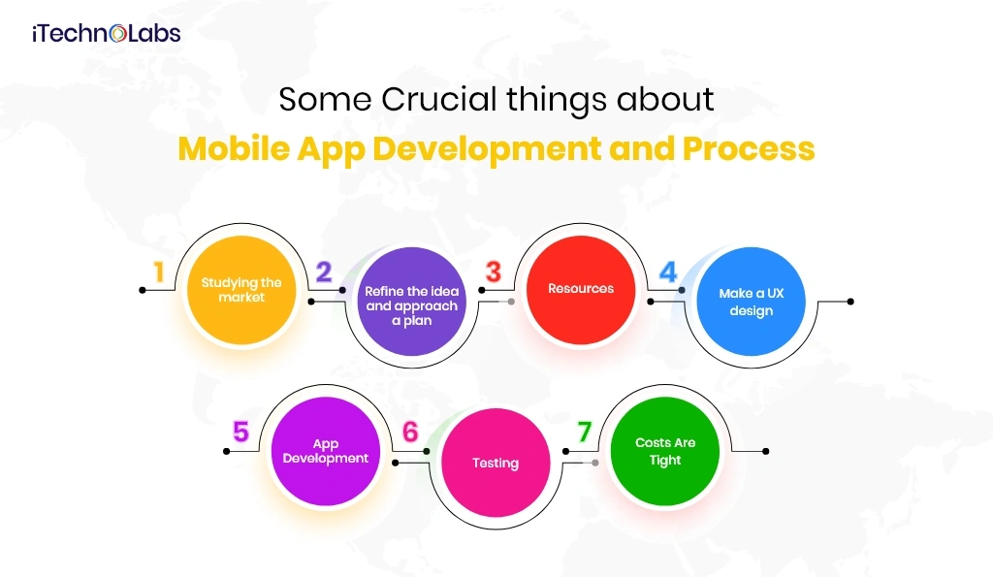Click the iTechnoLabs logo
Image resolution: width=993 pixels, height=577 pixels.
click(x=107, y=33)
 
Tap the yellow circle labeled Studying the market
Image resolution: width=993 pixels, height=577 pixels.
click(x=241, y=290)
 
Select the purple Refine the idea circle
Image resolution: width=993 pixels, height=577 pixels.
click(x=411, y=302)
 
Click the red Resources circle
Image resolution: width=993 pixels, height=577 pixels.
click(x=581, y=290)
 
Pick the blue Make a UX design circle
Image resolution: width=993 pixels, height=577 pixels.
click(x=752, y=302)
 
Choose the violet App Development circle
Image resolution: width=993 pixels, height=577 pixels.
click(x=326, y=451)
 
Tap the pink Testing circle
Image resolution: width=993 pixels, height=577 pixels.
click(x=496, y=463)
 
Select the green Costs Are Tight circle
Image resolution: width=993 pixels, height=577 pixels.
click(x=665, y=451)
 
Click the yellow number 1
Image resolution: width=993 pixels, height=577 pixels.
click(x=159, y=272)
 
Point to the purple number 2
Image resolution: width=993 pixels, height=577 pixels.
click(x=324, y=272)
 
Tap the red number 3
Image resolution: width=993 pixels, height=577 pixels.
click(x=494, y=272)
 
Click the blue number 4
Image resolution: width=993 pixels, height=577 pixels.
click(x=668, y=272)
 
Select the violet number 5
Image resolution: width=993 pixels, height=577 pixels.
click(x=240, y=432)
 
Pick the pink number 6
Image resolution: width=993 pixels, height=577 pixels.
click(x=410, y=432)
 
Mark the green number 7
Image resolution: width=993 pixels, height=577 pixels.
click(x=584, y=432)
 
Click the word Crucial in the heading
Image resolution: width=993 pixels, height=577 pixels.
click(x=439, y=100)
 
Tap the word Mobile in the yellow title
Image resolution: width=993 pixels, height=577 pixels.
click(x=234, y=148)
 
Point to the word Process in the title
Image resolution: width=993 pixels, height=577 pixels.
click(x=749, y=149)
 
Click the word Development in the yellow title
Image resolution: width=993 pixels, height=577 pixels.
click(x=487, y=150)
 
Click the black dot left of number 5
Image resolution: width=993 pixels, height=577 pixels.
click(x=226, y=451)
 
